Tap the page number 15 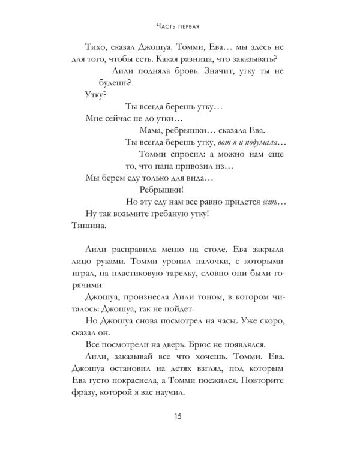[x=180, y=417]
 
